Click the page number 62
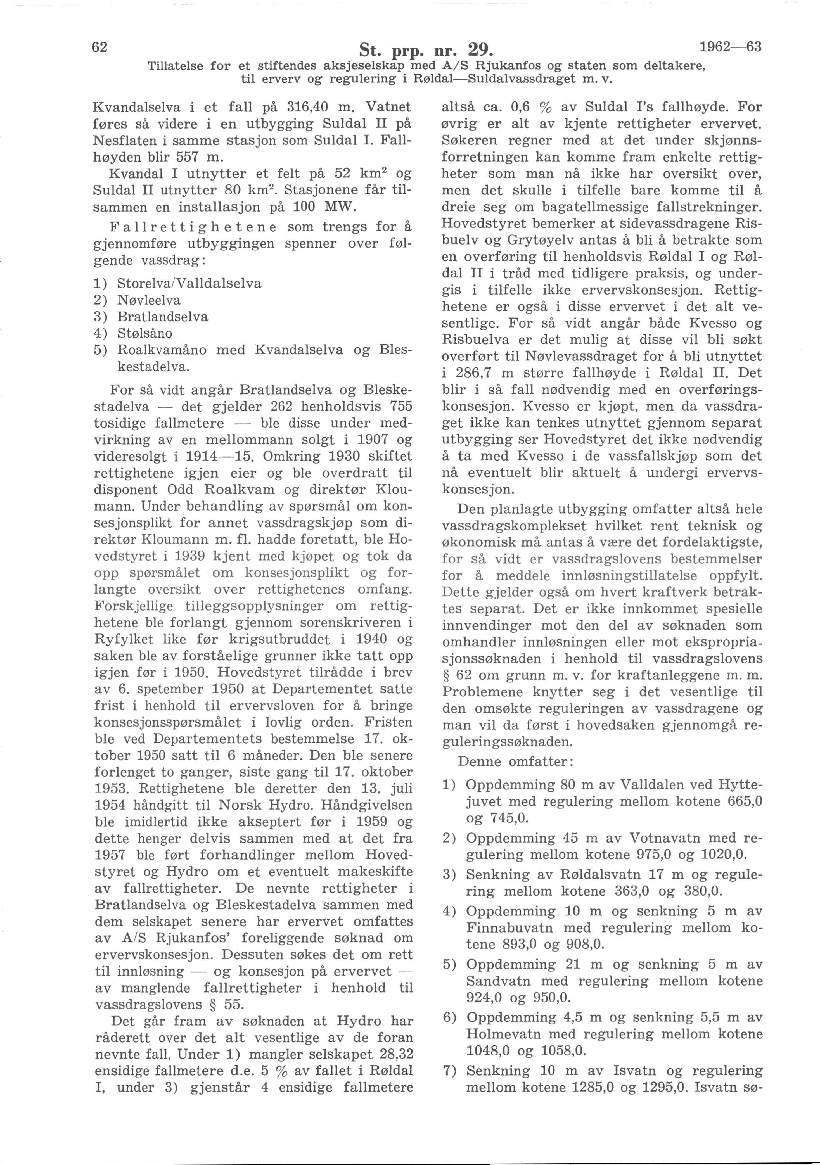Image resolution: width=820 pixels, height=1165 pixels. (x=99, y=47)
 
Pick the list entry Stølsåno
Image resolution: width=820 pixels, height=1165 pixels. (x=144, y=333)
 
